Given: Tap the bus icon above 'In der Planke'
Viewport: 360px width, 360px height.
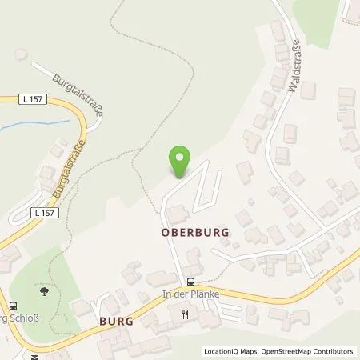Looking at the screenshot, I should coord(190,281).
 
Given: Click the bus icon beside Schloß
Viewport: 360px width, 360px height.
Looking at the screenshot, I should coord(13,305).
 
